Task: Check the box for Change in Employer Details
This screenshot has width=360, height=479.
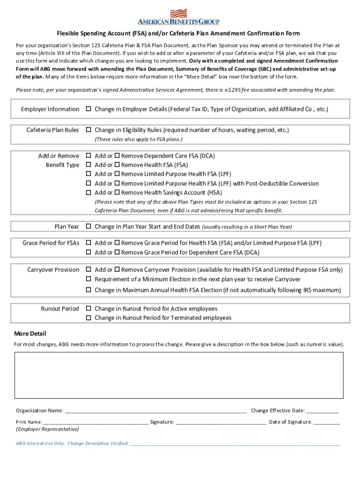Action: click(x=88, y=109)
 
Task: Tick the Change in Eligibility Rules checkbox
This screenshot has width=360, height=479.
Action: click(x=88, y=130)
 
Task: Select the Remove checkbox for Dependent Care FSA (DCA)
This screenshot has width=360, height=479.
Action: click(x=118, y=156)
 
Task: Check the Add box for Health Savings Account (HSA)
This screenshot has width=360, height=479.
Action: click(x=88, y=193)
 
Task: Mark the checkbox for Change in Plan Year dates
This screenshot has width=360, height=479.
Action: click(x=88, y=227)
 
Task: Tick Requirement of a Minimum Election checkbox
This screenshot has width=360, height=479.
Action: click(x=88, y=279)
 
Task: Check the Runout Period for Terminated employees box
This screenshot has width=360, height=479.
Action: click(x=88, y=318)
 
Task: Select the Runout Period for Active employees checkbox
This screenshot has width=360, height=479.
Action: click(x=88, y=309)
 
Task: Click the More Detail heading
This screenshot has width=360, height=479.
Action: click(x=30, y=334)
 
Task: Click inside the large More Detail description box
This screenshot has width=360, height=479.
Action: click(x=179, y=375)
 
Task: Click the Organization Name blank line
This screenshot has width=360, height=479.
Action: click(x=156, y=412)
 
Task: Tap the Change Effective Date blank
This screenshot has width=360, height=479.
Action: click(x=323, y=412)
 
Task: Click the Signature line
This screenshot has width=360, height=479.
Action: click(x=221, y=423)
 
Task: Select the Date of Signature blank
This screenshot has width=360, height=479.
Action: click(x=327, y=423)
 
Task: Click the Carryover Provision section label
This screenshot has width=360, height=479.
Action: click(x=53, y=270)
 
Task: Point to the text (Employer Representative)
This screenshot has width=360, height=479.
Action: click(x=47, y=429)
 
